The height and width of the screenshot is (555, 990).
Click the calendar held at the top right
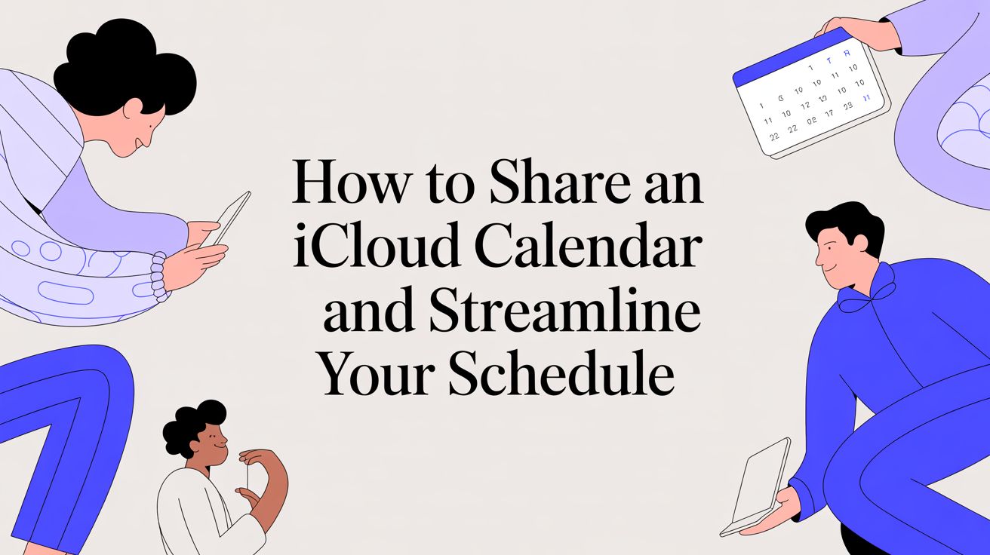tap(811, 99)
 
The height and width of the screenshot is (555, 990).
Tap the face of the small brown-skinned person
tap(211, 440)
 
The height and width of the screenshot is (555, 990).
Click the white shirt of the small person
tap(192, 513)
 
